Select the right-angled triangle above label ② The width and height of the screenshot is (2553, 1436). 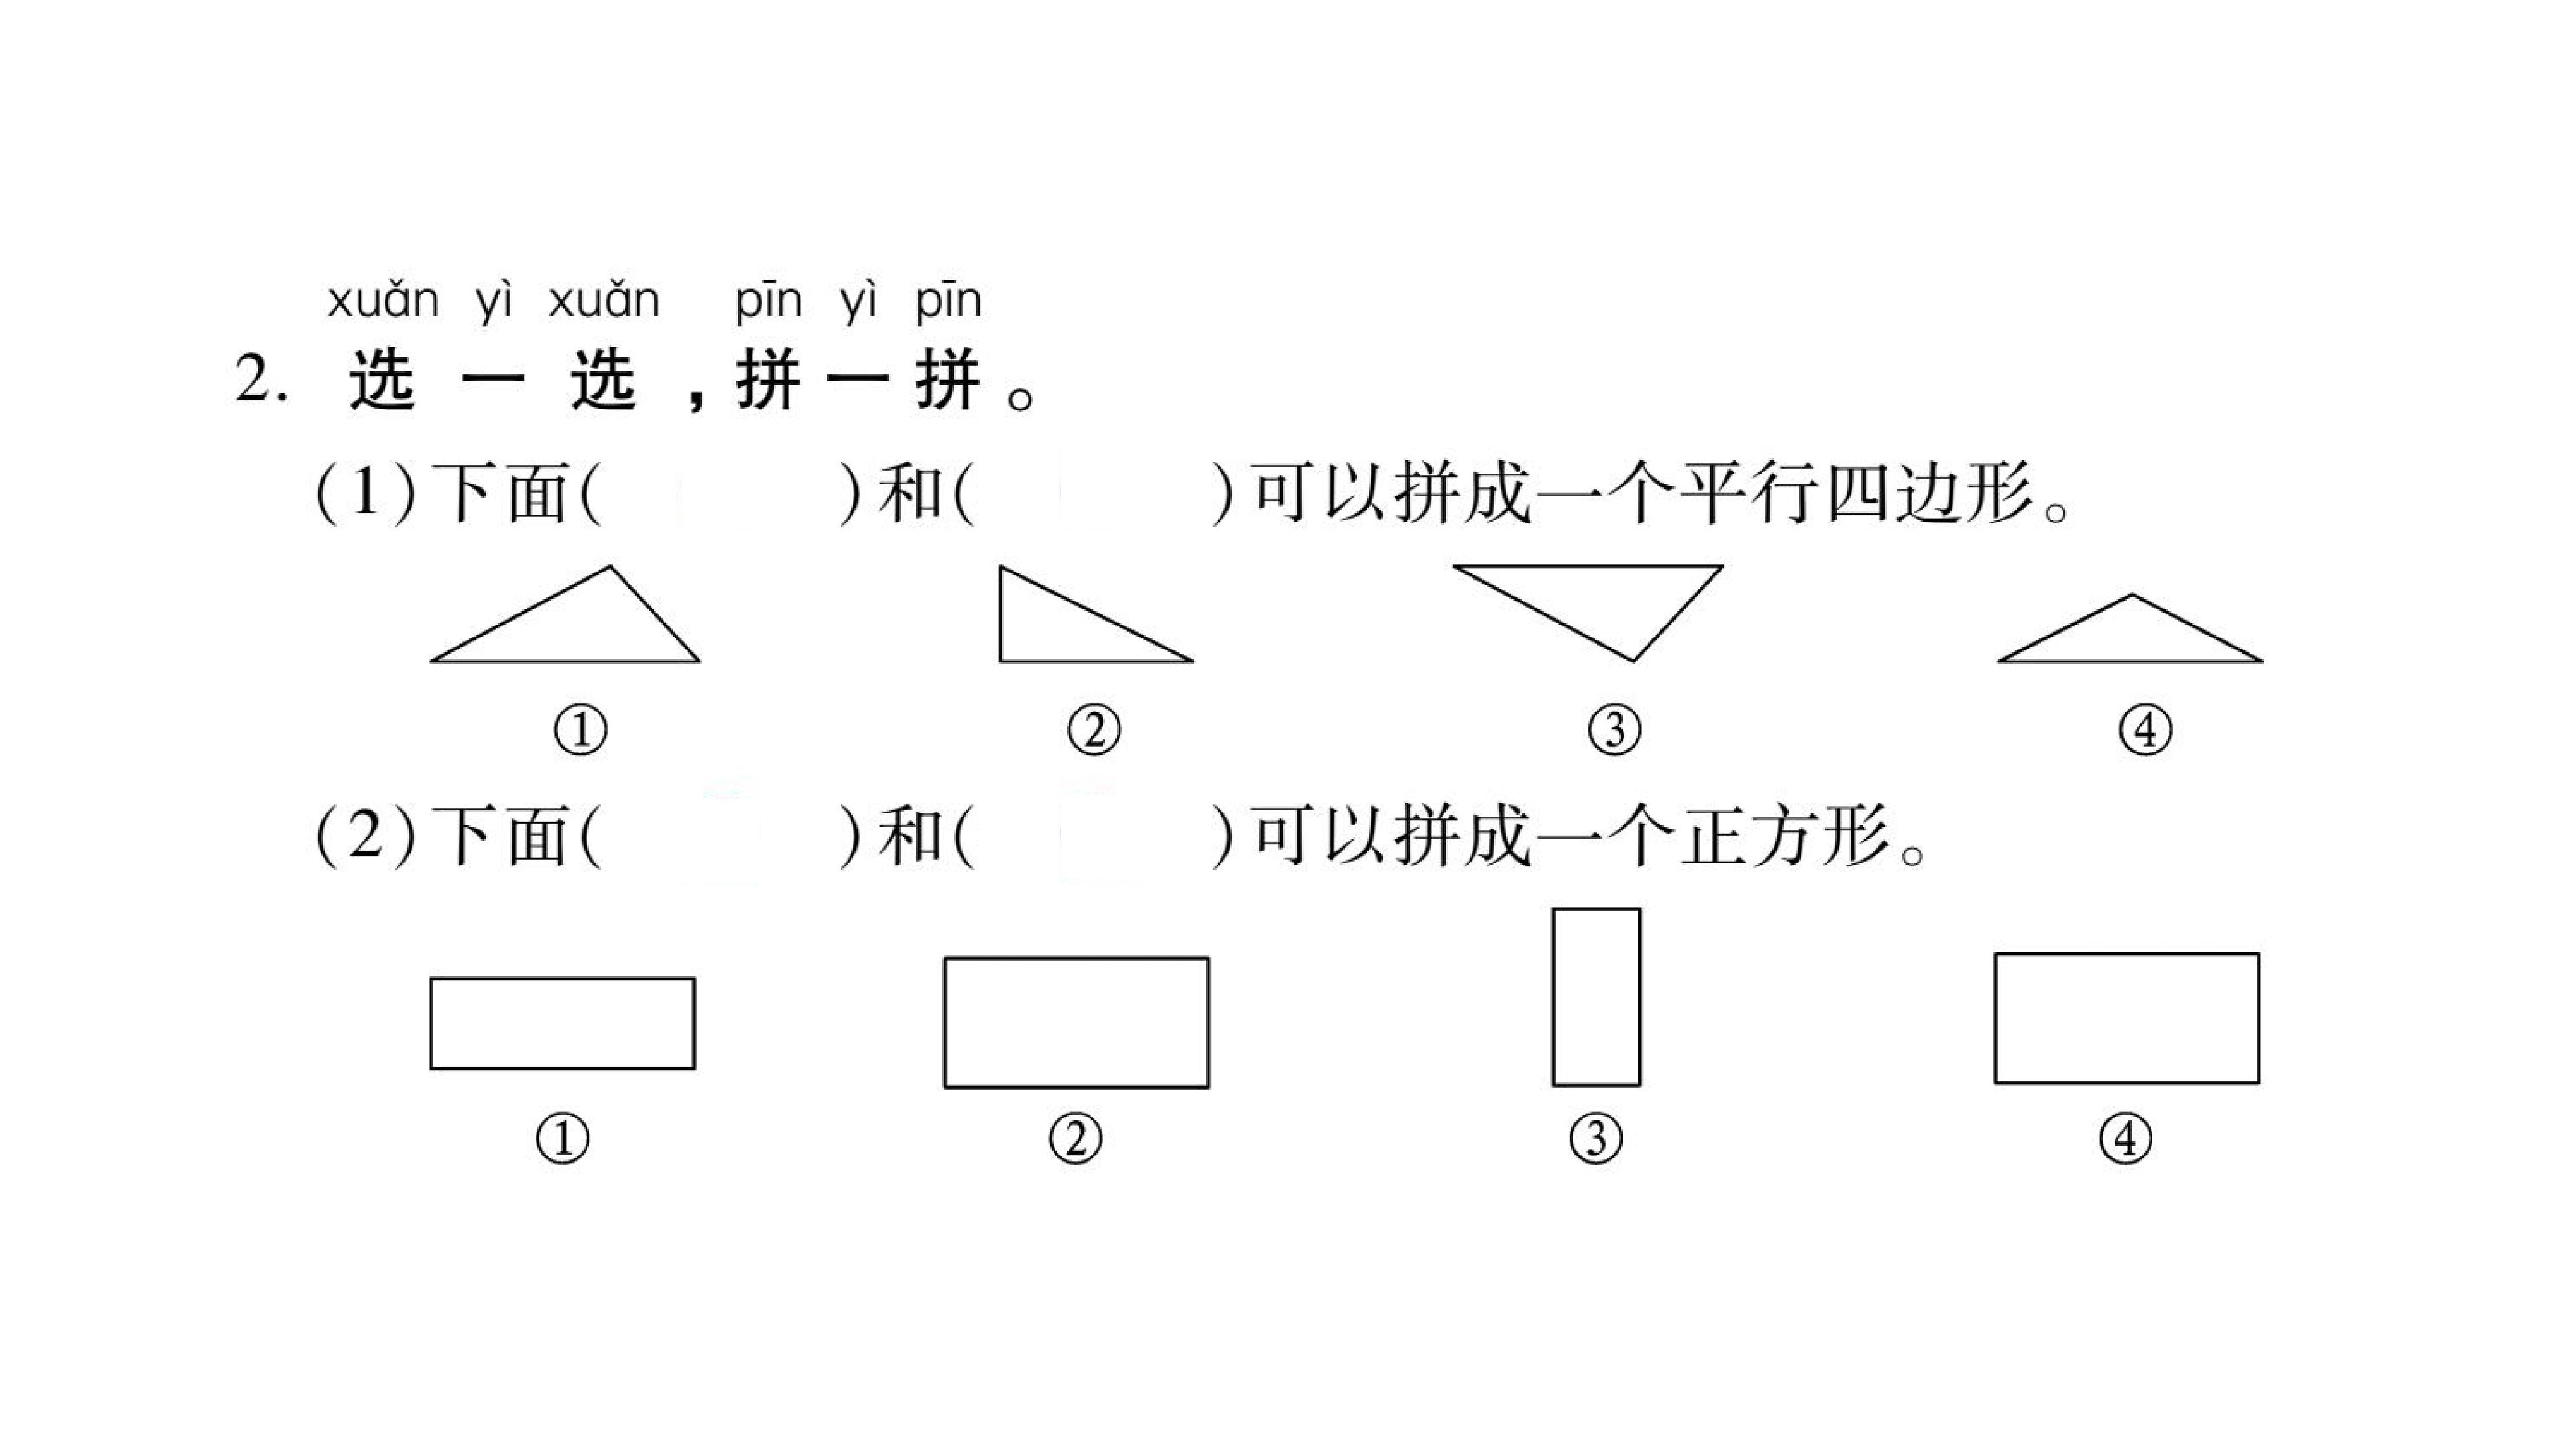tap(1000, 614)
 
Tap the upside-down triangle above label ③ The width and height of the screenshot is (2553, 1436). tap(1588, 567)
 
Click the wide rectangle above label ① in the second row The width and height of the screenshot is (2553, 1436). tap(562, 979)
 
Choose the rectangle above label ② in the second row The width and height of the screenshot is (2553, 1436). tap(1076, 958)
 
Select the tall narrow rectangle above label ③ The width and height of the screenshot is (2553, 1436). tap(1554, 997)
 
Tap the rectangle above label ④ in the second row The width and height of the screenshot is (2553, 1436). tap(2127, 955)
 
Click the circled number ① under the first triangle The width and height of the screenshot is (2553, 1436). tap(580, 731)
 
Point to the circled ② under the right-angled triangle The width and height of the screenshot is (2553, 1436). tap(1094, 731)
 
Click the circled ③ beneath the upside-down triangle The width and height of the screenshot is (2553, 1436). tap(1614, 731)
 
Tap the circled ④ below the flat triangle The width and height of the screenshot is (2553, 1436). tap(2145, 731)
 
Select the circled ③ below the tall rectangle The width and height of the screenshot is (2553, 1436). tap(1596, 1139)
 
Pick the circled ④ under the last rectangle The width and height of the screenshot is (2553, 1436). tap(2126, 1139)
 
